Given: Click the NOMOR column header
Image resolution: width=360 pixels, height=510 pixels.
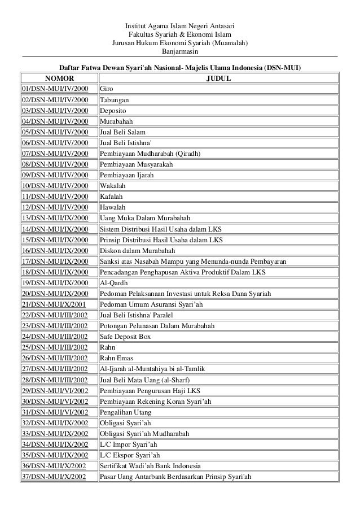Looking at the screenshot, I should click(58, 79).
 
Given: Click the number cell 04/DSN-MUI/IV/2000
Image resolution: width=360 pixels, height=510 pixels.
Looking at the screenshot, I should click(56, 121).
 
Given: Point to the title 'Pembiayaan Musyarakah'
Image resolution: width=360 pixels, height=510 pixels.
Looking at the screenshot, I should click(136, 164).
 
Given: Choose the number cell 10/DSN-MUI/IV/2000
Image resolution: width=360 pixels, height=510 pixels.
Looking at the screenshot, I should click(56, 186).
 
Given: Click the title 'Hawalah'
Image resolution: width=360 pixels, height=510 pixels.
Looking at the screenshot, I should click(113, 207).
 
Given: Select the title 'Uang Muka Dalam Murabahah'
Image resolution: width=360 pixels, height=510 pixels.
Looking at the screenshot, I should click(145, 218).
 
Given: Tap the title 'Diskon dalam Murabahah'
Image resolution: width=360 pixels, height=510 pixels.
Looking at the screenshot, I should click(137, 250).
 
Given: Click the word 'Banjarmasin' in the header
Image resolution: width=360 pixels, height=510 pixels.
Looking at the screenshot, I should click(179, 51).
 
